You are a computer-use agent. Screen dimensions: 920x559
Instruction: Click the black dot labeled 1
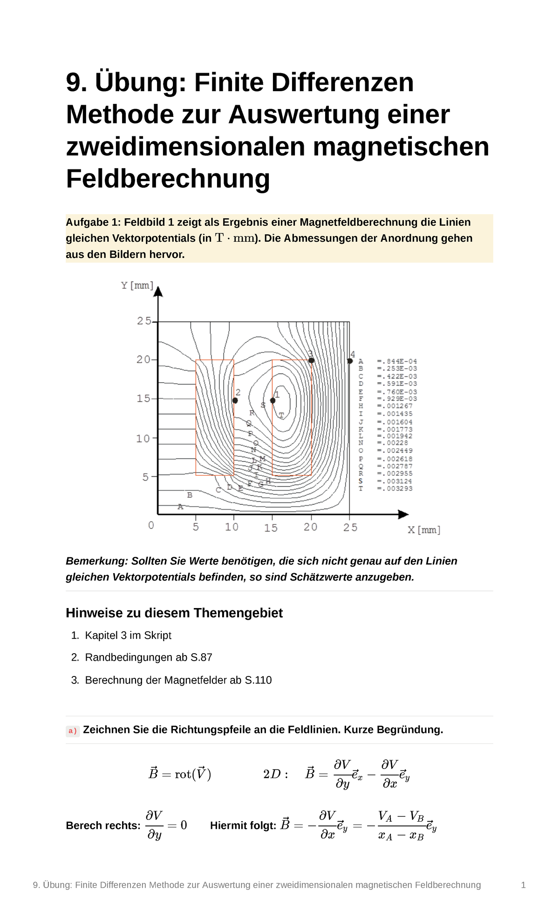[273, 400]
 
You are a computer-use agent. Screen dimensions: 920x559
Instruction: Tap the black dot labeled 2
[235, 400]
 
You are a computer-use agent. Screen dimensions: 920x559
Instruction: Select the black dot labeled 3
[312, 360]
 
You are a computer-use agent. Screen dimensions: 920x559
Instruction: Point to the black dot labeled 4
[350, 361]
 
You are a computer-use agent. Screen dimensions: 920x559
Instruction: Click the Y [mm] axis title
[137, 285]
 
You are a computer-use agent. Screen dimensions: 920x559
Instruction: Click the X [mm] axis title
[424, 530]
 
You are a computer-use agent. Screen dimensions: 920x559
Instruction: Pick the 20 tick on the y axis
[144, 359]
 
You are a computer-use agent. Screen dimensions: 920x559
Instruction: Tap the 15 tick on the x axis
[271, 528]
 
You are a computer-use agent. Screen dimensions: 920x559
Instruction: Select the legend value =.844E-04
[397, 361]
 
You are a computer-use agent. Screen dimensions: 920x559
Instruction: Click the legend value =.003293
[395, 488]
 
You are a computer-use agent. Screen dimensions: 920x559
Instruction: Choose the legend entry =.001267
[395, 406]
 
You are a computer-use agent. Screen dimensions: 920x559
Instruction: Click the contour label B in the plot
[190, 495]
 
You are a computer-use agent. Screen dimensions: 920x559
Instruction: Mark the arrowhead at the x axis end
[403, 514]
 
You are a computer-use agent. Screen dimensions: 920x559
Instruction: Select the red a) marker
[73, 731]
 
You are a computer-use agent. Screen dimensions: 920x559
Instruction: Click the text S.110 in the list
[258, 680]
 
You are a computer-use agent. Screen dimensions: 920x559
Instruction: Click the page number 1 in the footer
[523, 885]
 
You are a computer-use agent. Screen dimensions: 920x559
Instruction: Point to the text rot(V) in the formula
[193, 774]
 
